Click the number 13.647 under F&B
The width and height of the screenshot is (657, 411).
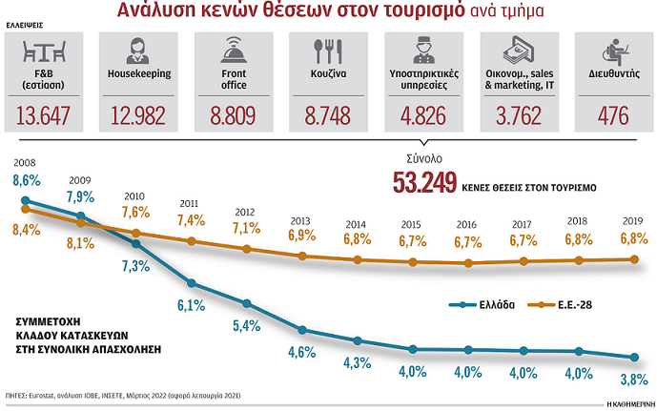point(45,116)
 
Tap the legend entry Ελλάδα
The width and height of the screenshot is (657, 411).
point(495,305)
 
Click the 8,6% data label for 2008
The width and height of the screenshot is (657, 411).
point(27,179)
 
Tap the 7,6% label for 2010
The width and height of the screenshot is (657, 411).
point(136,212)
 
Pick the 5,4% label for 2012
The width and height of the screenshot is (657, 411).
point(246,325)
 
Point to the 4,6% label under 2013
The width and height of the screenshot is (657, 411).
point(301,352)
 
